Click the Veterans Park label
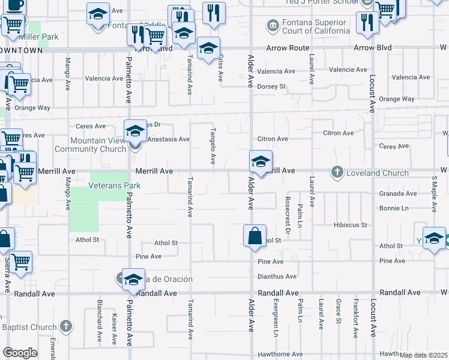pyautogui.click(x=114, y=185)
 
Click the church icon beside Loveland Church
pyautogui.click(x=337, y=173)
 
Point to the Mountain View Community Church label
pyautogui.click(x=90, y=145)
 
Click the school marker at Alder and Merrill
pyautogui.click(x=261, y=162)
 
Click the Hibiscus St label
pyautogui.click(x=351, y=225)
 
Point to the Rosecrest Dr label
pyautogui.click(x=288, y=222)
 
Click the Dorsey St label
pyautogui.click(x=271, y=86)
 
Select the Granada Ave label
pyautogui.click(x=398, y=194)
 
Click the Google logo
pyautogui.click(x=20, y=353)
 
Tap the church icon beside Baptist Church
pyautogui.click(x=66, y=327)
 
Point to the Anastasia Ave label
pyautogui.click(x=169, y=139)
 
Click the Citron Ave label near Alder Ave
pyautogui.click(x=273, y=139)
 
